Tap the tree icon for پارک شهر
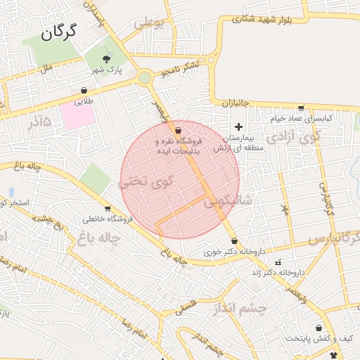point(106,59)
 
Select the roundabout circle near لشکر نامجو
point(144,77)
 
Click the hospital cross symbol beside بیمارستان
point(238,127)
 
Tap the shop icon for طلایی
point(84,91)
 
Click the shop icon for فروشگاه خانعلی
point(108,208)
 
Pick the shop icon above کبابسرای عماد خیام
point(301,109)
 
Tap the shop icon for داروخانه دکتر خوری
point(233,240)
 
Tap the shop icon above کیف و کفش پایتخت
point(319,328)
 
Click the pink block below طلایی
point(79,116)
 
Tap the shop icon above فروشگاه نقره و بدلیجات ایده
point(177,130)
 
